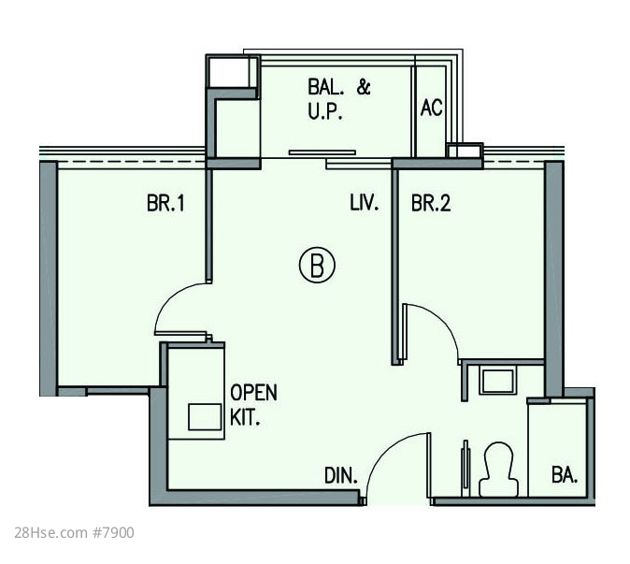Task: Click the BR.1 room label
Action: tap(165, 203)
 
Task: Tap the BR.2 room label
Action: tap(431, 203)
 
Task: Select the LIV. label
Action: tap(364, 203)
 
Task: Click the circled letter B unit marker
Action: tap(317, 265)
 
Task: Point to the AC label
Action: tap(432, 108)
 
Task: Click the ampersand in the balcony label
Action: tap(364, 87)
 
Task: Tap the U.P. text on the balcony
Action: tap(325, 111)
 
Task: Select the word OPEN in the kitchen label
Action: tap(253, 392)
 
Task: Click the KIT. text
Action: tap(245, 417)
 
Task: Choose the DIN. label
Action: tap(341, 475)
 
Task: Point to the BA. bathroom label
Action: tap(565, 475)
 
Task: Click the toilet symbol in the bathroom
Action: tap(498, 470)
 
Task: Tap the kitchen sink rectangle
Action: tap(205, 417)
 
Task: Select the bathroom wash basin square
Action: tap(498, 381)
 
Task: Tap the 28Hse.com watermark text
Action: tap(50, 533)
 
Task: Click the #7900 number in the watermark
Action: tap(114, 533)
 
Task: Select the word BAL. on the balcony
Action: tap(325, 87)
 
